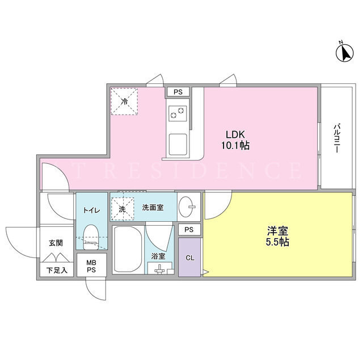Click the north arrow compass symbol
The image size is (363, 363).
[x=345, y=53]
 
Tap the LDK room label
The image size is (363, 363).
[x=235, y=134]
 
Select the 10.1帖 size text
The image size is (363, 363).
[x=235, y=146]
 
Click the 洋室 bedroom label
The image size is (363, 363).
[x=277, y=231]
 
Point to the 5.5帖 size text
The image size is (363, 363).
[x=277, y=242]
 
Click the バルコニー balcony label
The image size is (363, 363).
[x=337, y=138]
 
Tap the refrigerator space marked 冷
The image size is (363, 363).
[x=124, y=102]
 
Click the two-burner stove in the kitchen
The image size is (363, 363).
[x=178, y=113]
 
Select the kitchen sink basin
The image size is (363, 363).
[x=178, y=145]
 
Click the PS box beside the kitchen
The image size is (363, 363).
[x=178, y=92]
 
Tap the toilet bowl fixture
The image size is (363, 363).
[x=91, y=237]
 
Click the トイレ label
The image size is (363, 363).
[x=92, y=210]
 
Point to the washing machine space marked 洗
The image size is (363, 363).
[x=123, y=209]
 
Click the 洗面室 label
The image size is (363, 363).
[x=153, y=208]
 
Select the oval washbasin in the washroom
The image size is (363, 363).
[x=188, y=206]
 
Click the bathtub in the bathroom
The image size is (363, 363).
[x=128, y=250]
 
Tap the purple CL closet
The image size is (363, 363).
[x=189, y=257]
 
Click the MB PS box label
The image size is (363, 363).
[x=91, y=266]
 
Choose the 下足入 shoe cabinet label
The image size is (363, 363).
[x=57, y=270]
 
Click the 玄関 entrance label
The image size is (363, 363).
[x=56, y=243]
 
